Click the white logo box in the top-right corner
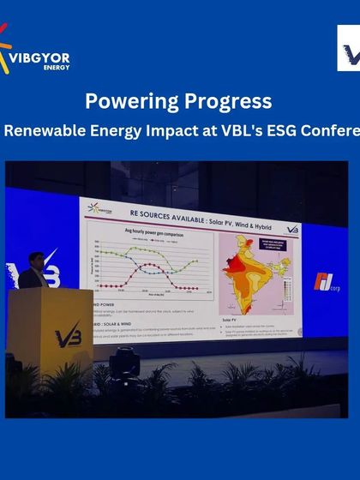coord(348,48)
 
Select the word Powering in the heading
coord(129,101)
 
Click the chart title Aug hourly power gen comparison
coord(145,231)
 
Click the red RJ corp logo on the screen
coord(325,282)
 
